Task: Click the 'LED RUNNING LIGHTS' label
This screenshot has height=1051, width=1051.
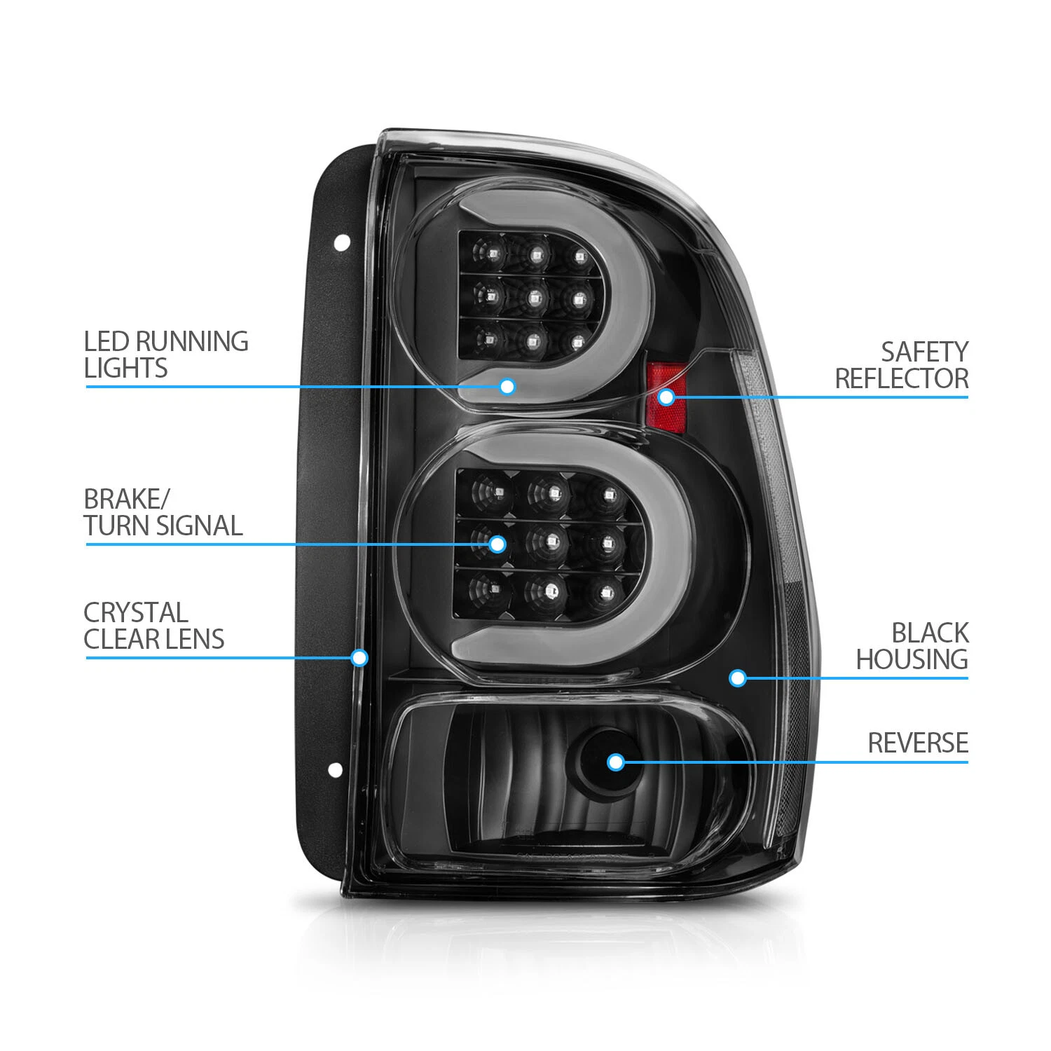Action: tap(166, 355)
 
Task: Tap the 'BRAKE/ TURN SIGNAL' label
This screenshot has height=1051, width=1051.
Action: tap(163, 512)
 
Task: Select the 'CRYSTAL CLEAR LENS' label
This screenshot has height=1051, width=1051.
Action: tap(154, 626)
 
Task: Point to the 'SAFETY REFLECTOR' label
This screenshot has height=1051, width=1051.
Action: tap(902, 365)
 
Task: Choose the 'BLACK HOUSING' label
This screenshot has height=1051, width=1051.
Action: tap(912, 646)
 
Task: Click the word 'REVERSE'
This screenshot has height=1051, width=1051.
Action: tap(918, 743)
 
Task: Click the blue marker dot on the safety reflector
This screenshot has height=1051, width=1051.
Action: tap(666, 397)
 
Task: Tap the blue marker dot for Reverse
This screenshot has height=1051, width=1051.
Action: tap(616, 762)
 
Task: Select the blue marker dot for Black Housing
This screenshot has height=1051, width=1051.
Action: tap(737, 678)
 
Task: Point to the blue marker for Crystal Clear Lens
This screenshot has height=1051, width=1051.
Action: tap(359, 657)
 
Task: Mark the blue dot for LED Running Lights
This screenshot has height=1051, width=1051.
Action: tap(507, 386)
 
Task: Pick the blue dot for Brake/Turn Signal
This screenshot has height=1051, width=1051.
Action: tap(497, 544)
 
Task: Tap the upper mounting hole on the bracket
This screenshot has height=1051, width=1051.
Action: tap(342, 243)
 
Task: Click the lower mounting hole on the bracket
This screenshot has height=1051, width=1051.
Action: tap(336, 770)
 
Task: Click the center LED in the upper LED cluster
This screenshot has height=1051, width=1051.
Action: tap(533, 299)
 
